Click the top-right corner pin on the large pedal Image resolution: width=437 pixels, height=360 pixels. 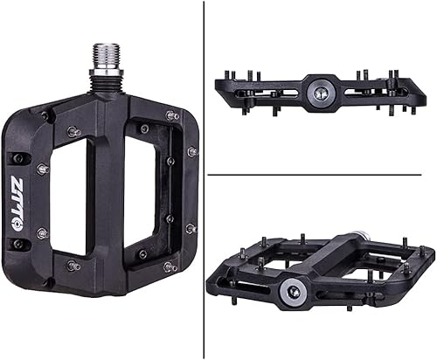(172, 114)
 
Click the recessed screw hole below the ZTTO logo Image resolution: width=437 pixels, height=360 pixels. (18, 244)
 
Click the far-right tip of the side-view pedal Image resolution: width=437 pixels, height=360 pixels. (426, 84)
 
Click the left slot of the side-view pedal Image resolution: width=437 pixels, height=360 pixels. (267, 89)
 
